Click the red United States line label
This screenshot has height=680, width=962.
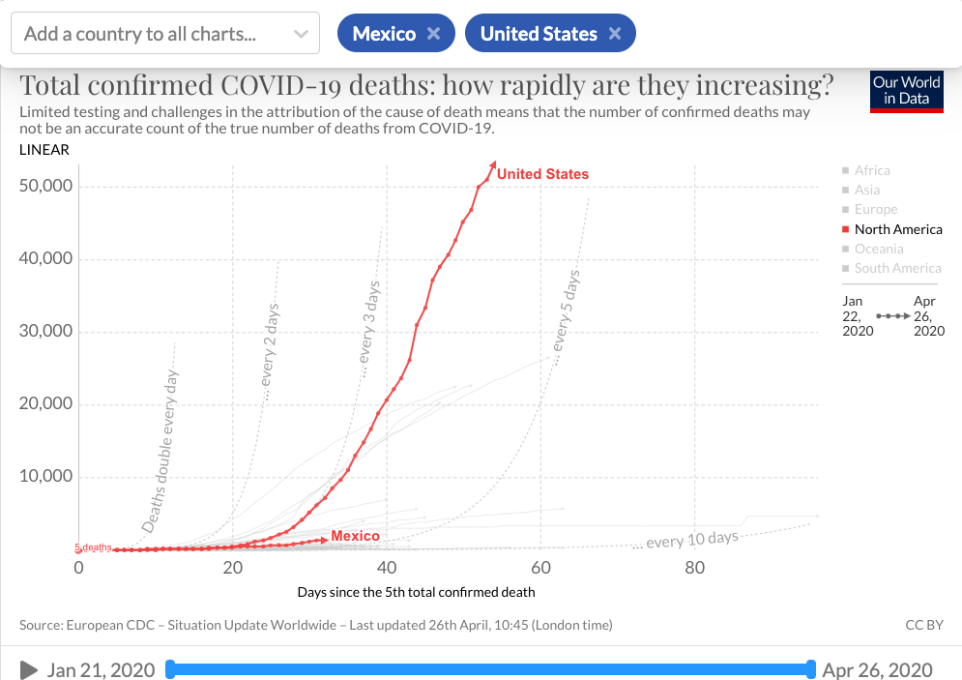coord(542,174)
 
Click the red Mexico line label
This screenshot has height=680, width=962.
coord(355,536)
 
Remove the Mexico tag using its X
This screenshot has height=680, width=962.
coord(434,34)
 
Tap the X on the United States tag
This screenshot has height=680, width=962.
coord(616,34)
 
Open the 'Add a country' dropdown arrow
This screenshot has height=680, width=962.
coord(301,35)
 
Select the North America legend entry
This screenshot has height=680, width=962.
coord(897,229)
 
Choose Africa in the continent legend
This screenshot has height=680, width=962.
coord(872,170)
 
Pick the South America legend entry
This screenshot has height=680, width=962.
coord(897,268)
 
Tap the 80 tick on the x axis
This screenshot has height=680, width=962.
coord(695,568)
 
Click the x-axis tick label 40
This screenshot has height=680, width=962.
coord(387,568)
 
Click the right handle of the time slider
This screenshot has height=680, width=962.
coord(811,669)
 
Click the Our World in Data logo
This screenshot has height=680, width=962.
coord(906,91)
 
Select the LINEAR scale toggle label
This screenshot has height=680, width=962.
coord(44,150)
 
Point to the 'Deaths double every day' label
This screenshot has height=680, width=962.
coord(161,450)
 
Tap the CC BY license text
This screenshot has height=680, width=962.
coord(923,625)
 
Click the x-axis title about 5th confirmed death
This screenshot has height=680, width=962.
coord(415,592)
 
